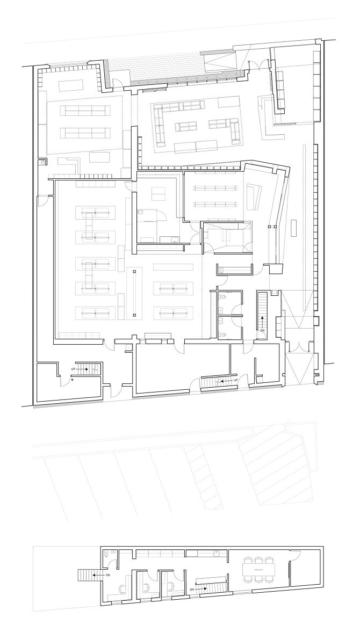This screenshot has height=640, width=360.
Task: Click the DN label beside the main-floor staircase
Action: click(262, 331)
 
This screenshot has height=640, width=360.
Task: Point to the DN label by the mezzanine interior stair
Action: click(191, 589)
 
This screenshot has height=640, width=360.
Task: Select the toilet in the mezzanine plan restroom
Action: click(106, 552)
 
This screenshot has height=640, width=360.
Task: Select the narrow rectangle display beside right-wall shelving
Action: click(293, 228)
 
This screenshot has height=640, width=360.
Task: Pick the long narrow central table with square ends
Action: click(134, 294)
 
